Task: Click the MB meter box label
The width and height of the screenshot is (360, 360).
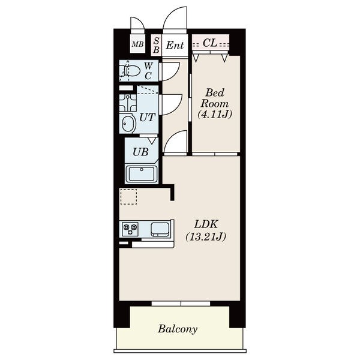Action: click(137, 44)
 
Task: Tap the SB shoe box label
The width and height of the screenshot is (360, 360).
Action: click(157, 45)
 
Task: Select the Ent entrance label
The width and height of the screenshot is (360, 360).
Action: click(175, 45)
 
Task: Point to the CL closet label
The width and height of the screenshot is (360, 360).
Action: click(210, 43)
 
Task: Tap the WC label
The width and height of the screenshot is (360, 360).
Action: click(148, 71)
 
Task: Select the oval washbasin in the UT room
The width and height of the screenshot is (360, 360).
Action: click(128, 124)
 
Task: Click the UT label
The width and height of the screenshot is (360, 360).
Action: click(148, 118)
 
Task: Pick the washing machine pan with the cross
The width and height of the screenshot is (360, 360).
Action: click(128, 103)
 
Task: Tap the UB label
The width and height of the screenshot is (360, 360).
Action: click(140, 152)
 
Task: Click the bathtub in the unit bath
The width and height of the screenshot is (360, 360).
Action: click(142, 174)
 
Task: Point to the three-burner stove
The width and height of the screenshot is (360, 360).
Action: click(130, 229)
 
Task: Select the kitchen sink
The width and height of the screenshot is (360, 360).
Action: click(160, 229)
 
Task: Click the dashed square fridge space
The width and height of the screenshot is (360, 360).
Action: click(128, 197)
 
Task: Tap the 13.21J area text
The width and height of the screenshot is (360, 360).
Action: click(206, 237)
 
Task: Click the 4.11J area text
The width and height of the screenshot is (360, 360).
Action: click(215, 114)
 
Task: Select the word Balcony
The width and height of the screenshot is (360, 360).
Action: click(178, 329)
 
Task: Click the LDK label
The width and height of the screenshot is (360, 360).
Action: click(206, 224)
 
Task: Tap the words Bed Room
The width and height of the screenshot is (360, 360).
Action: click(215, 98)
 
